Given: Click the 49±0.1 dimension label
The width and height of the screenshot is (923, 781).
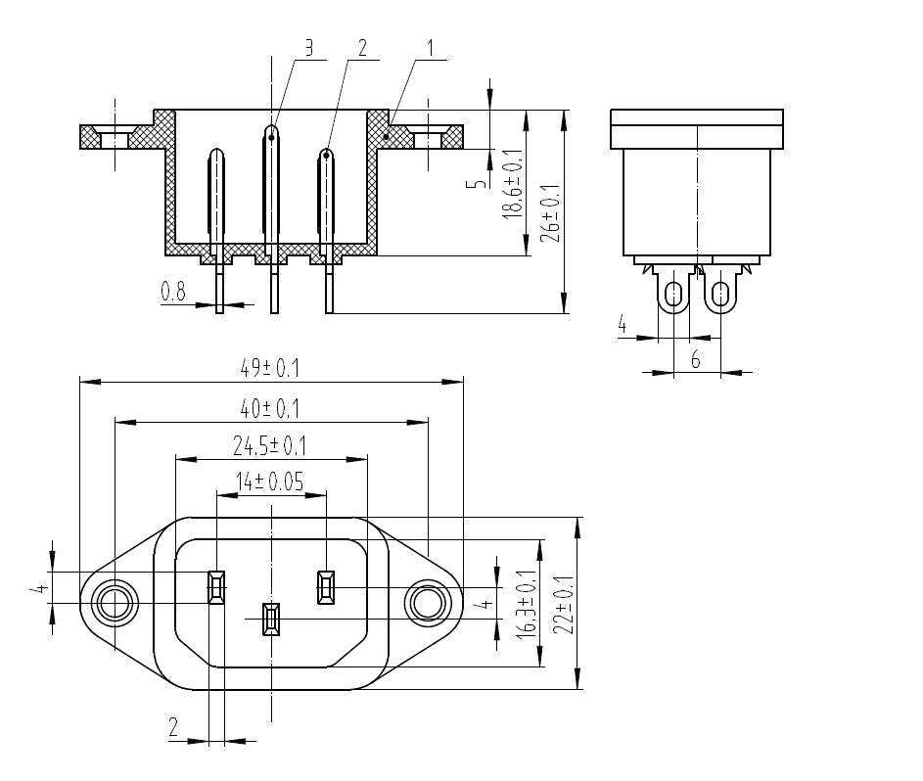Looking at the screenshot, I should click(269, 369).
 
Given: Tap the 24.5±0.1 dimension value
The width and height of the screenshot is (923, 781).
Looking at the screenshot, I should click(269, 446).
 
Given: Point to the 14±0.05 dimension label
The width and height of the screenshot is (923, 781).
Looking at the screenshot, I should click(269, 482).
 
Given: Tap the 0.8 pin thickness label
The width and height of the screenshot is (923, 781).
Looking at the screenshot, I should click(173, 291).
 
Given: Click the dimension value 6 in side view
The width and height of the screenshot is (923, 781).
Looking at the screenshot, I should click(695, 360).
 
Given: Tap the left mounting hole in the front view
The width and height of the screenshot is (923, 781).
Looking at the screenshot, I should click(114, 604).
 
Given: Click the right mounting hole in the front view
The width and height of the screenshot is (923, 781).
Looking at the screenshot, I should click(428, 604).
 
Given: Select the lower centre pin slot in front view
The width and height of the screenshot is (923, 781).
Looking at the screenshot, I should click(271, 620).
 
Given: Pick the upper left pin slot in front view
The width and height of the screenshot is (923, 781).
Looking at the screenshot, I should click(216, 588).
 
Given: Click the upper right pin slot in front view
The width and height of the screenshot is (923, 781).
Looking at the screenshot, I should click(325, 588).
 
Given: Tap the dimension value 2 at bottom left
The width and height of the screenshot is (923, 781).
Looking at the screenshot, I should click(173, 727).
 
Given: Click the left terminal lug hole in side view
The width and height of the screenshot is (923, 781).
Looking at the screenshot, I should click(673, 293).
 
